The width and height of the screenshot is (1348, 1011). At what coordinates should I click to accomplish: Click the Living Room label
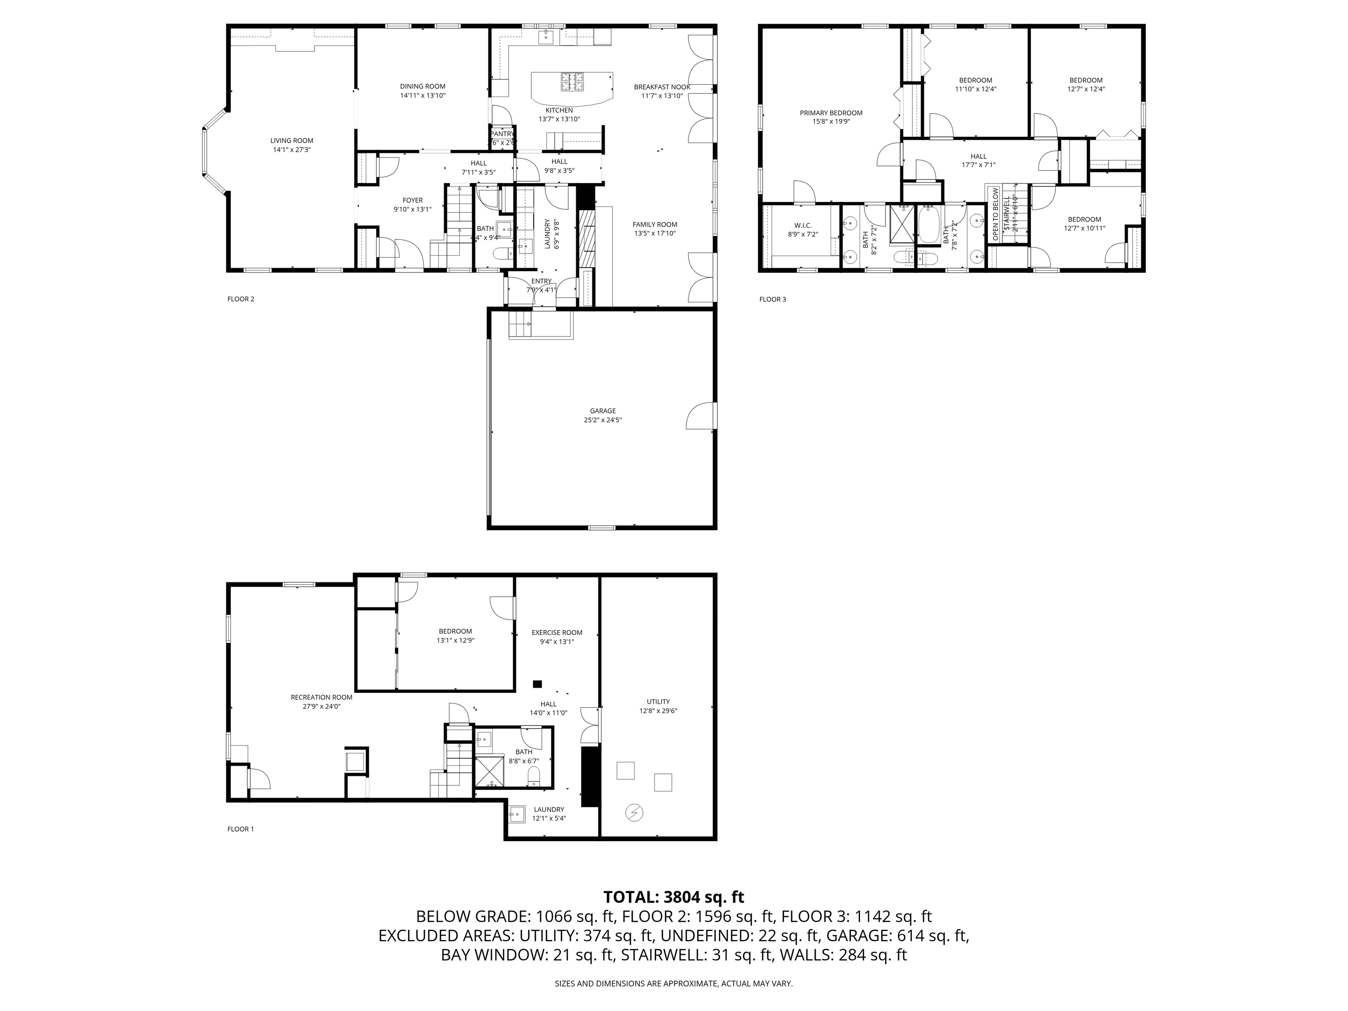[291, 141]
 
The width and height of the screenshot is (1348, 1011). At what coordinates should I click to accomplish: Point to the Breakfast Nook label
[662, 87]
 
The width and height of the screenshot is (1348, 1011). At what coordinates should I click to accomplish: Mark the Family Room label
[655, 224]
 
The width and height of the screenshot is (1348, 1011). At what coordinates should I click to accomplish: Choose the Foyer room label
[412, 201]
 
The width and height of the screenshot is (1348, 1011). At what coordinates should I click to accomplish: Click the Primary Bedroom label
[831, 113]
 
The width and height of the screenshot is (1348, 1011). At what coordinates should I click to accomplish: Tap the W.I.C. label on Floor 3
[803, 226]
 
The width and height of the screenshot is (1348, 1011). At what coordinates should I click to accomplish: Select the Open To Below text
[995, 213]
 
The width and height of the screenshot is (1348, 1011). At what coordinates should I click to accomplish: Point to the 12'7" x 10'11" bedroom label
[1084, 229]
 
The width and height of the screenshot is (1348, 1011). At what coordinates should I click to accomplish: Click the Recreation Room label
[321, 697]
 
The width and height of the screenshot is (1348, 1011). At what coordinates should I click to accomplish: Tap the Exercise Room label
[556, 633]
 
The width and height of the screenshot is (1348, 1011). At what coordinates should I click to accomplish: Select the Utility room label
[658, 701]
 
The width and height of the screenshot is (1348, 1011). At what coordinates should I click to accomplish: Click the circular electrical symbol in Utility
[635, 812]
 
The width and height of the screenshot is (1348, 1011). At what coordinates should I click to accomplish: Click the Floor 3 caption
[772, 299]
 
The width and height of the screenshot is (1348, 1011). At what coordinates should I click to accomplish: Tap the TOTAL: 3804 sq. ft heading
[674, 897]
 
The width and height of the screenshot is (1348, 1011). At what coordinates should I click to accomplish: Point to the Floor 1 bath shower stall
[489, 771]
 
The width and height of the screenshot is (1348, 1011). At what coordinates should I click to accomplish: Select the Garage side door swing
[701, 416]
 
